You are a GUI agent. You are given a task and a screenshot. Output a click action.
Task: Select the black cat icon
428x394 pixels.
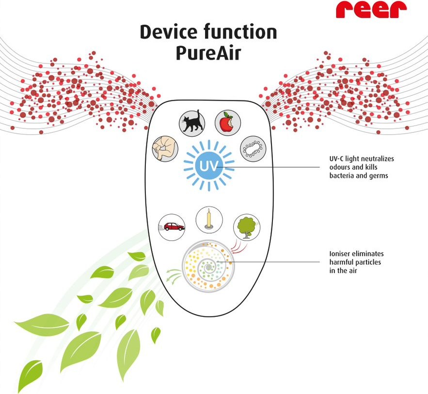[x=191, y=123]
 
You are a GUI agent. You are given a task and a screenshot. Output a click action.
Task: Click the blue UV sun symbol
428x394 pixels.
[x=208, y=166]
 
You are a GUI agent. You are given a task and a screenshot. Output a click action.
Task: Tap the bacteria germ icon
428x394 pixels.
[x=253, y=149]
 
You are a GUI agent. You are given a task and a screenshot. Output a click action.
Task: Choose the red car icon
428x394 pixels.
[x=172, y=227]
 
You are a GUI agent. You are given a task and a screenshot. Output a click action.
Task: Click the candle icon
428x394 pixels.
[x=209, y=219]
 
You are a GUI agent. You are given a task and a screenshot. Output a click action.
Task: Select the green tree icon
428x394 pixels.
[x=247, y=227]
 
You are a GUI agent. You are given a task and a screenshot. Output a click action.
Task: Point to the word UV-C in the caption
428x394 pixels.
[x=337, y=159]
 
